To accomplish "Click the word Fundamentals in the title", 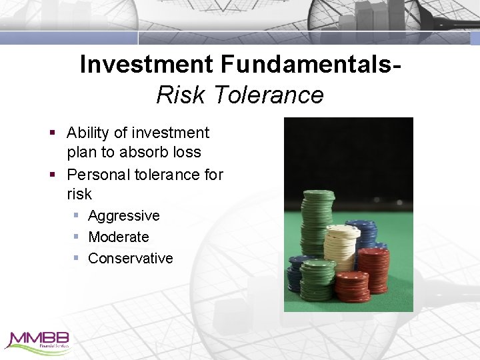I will pyautogui.click(x=311, y=65).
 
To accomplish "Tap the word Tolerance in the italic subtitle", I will pyautogui.click(x=269, y=95).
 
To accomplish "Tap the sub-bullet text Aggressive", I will pyautogui.click(x=124, y=216).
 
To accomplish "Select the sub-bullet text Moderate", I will pyautogui.click(x=119, y=237).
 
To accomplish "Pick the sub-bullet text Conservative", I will pyautogui.click(x=131, y=258).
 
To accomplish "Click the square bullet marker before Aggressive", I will pyautogui.click(x=77, y=216).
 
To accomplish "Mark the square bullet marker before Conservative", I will pyautogui.click(x=77, y=258).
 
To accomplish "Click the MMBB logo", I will pyautogui.click(x=37, y=340).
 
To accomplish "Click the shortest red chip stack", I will pyautogui.click(x=351, y=285).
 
